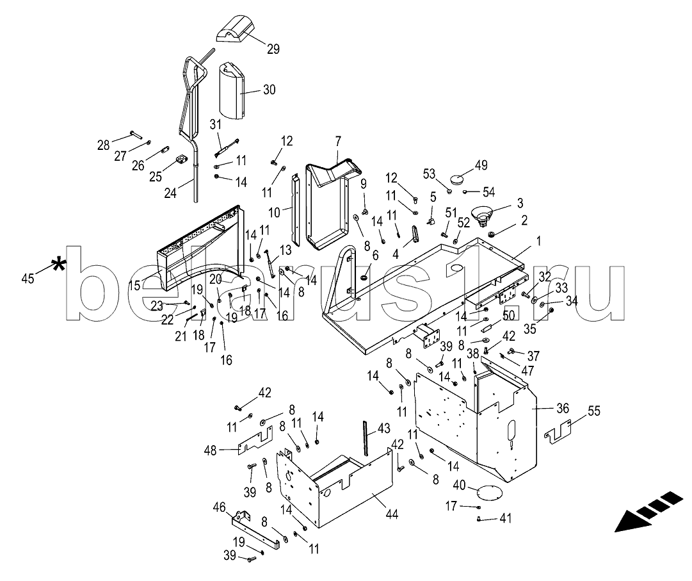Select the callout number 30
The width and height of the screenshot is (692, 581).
point(270,90)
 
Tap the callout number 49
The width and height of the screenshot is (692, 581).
point(480,165)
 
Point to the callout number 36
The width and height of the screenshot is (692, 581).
point(562,407)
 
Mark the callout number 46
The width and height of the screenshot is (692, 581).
point(219,507)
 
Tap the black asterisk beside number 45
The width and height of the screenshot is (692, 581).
point(59,265)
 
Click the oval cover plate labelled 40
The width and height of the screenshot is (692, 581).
point(489,493)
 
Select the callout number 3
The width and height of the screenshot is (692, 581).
point(520,203)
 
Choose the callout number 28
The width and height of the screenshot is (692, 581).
point(104,145)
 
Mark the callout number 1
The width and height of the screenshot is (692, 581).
point(538,241)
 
